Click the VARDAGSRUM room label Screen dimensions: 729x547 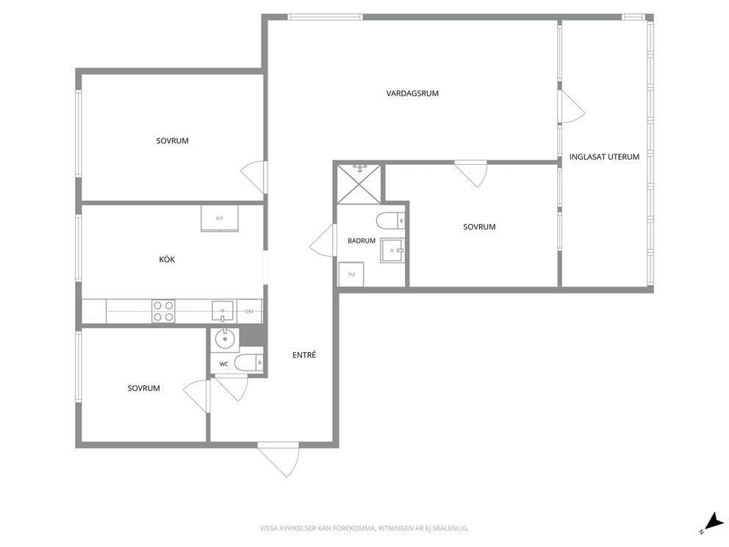tap(412, 93)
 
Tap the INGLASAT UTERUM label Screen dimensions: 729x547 tap(604, 157)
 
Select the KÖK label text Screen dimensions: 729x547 tap(167, 260)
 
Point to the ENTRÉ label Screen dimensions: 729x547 tap(304, 355)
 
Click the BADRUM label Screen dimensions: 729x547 tap(362, 241)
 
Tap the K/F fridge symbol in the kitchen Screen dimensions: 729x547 tap(220, 218)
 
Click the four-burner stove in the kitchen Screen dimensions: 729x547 tap(163, 311)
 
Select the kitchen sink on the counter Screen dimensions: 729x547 tap(223, 311)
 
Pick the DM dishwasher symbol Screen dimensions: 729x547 tap(250, 311)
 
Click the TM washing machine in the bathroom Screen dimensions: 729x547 tap(351, 274)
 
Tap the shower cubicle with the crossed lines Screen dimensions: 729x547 tap(359, 184)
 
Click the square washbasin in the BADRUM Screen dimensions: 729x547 tap(392, 250)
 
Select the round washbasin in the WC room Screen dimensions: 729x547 tap(226, 339)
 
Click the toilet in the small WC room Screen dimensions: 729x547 tap(248, 362)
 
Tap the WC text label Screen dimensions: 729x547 tap(223, 364)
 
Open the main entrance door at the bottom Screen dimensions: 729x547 tap(278, 460)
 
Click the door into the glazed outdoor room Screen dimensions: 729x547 tap(572, 107)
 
